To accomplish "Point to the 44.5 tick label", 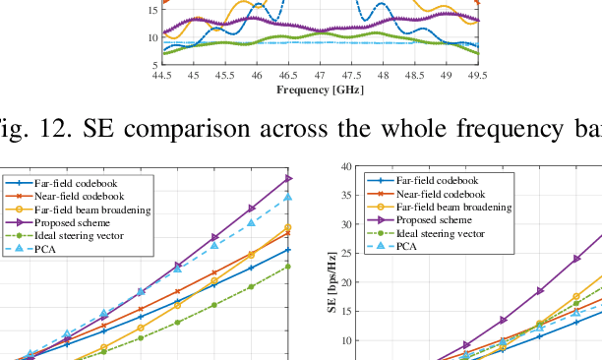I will [161, 76].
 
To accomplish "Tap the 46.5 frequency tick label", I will [287, 76].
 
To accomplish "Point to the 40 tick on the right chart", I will [346, 167].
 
